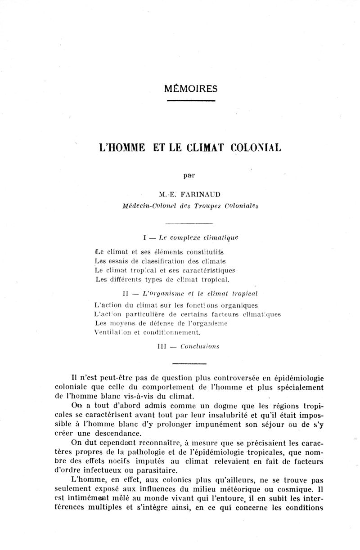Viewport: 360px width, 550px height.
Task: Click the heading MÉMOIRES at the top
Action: tap(191, 89)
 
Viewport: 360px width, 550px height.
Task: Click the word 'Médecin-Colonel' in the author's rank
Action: tap(146, 206)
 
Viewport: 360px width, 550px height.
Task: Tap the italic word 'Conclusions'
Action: tap(200, 346)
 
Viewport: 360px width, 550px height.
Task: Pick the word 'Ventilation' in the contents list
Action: tap(114, 333)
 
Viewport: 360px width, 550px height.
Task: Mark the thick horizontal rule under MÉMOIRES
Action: tap(191, 100)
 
